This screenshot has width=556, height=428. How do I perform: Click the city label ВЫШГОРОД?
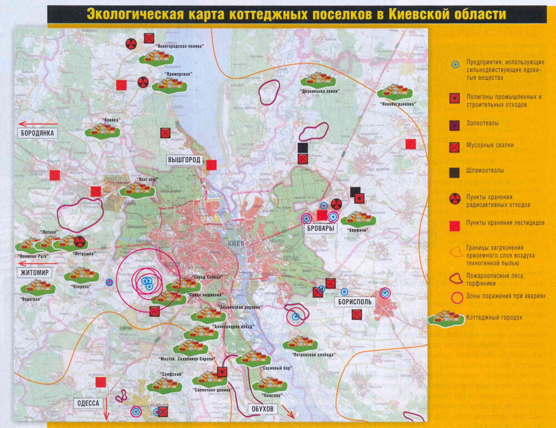pos(184,160)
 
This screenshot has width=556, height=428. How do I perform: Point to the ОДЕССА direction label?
pos(88,403)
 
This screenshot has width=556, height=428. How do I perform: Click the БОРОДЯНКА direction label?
pos(37,133)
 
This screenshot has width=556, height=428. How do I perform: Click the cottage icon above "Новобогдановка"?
pos(395,90)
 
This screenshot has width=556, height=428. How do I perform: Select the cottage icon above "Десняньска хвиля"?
pos(319,79)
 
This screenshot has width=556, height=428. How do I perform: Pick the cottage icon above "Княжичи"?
pos(359,218)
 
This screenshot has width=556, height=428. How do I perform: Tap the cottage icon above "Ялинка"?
pos(102,130)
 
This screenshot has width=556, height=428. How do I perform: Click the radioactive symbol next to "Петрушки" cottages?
pos(80,241)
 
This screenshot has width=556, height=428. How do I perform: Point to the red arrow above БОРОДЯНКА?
pos(38,124)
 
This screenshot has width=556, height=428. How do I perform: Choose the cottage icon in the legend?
pos(446,318)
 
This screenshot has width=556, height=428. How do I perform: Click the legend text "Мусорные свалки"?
pos(490,145)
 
